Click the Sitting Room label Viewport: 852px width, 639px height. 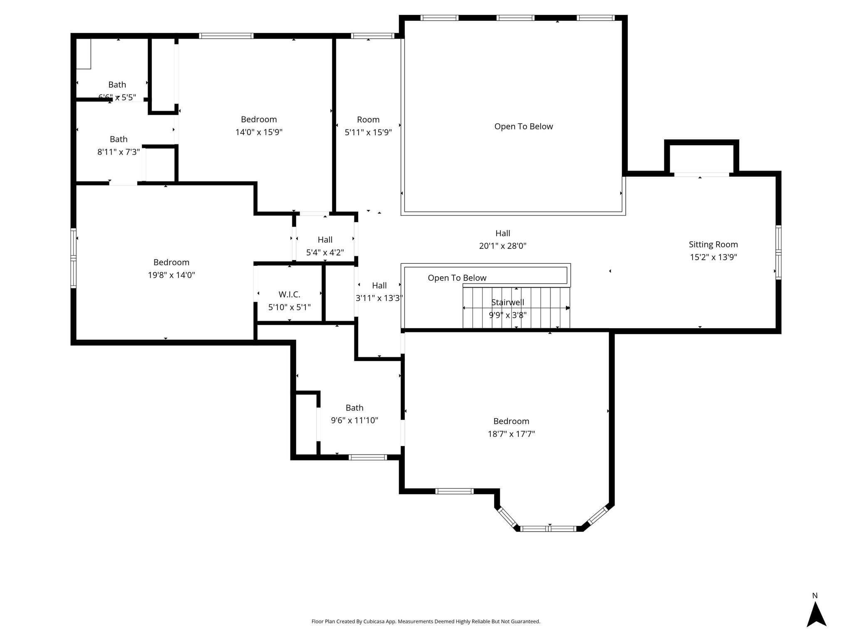point(713,245)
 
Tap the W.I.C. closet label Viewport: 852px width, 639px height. point(289,295)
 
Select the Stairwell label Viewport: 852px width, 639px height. point(508,302)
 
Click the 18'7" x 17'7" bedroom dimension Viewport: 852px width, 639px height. point(511,434)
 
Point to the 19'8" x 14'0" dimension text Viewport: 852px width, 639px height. point(171,275)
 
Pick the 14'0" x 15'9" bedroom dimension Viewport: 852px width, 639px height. point(259,132)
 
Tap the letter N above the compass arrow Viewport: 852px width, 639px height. point(815,596)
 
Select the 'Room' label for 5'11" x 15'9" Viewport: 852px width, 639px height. point(368,120)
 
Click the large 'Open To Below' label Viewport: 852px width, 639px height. point(523,126)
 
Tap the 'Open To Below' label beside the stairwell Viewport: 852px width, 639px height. point(457,278)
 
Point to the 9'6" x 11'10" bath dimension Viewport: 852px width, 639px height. point(354,421)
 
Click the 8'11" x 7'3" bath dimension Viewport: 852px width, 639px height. point(119,152)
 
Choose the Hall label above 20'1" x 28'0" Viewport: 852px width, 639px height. point(503,233)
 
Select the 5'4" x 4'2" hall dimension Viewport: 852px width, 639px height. point(325,253)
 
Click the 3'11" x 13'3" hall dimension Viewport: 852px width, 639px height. point(379,298)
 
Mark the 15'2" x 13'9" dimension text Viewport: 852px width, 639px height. point(713,257)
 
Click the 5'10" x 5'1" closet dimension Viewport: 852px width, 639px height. point(289,307)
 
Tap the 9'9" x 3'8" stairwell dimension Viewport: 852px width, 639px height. point(508,315)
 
